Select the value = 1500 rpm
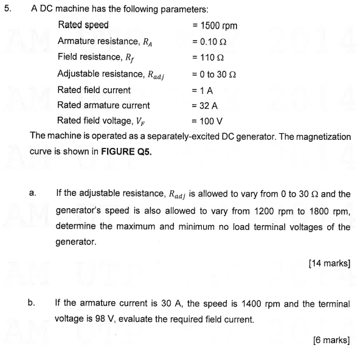pos(214,26)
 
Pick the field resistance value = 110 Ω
pos(208,57)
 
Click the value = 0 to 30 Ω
pos(217,74)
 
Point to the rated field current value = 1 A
pos(202,89)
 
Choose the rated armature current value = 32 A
pos(206,105)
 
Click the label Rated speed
pos(83,26)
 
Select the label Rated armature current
pos(103,105)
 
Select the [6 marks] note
pos(332,339)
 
